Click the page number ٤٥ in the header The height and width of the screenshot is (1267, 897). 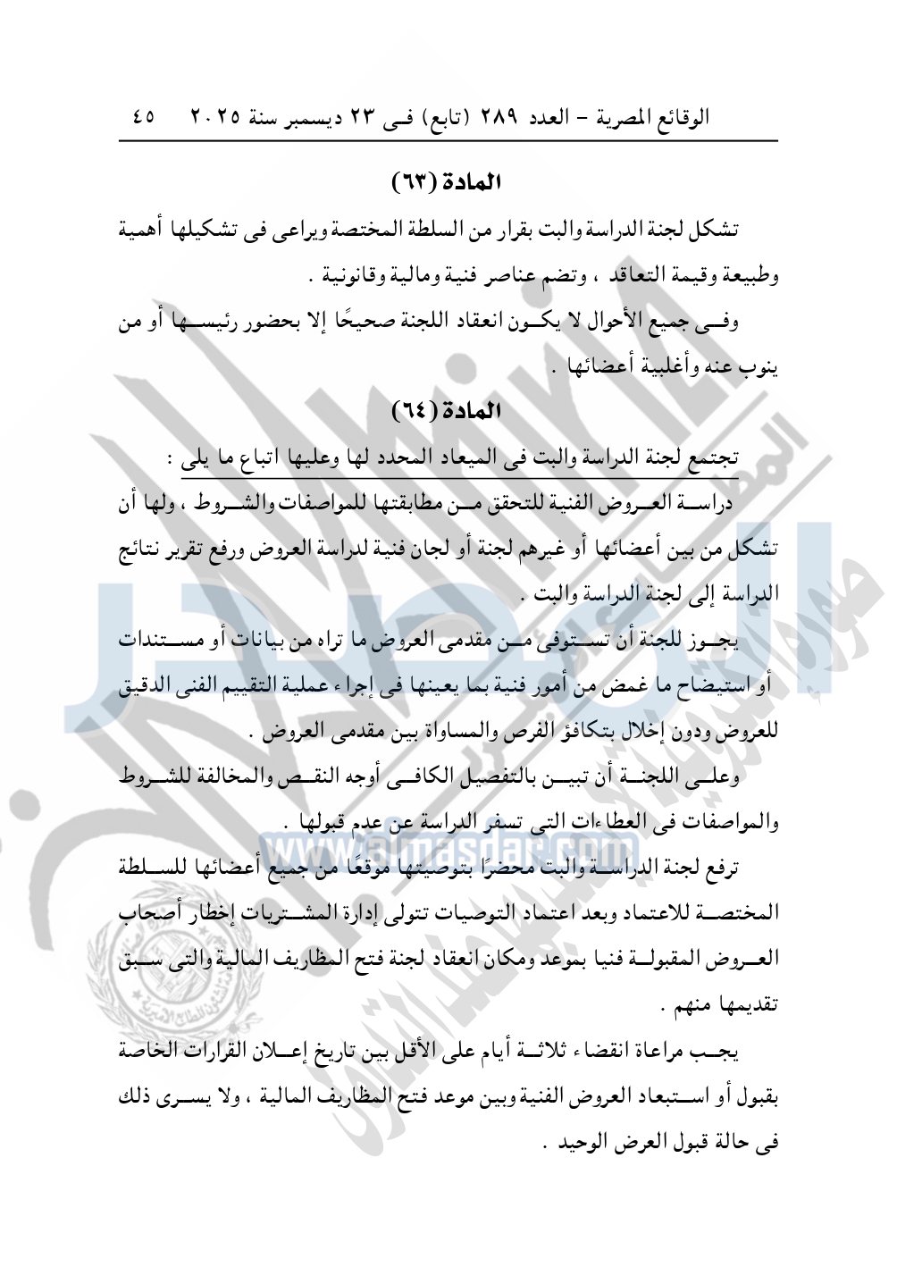(142, 117)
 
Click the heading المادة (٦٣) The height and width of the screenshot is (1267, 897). (447, 182)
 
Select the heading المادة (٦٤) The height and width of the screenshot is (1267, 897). (447, 411)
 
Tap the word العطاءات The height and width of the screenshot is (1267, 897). (608, 822)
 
